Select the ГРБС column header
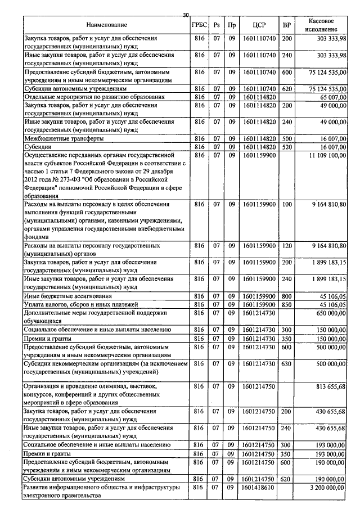199,25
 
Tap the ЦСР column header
259,25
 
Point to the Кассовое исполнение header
322,24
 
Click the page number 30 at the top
186,15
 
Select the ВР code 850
287,304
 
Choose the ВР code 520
287,146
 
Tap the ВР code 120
287,246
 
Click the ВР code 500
287,138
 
